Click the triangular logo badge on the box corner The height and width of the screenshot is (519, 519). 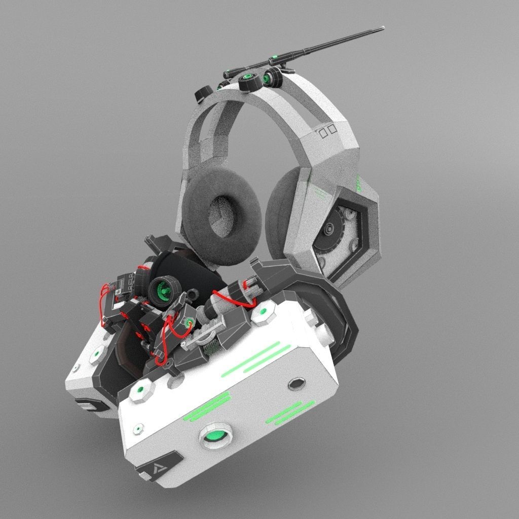coord(153,470)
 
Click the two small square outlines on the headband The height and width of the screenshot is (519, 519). coord(327,131)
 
